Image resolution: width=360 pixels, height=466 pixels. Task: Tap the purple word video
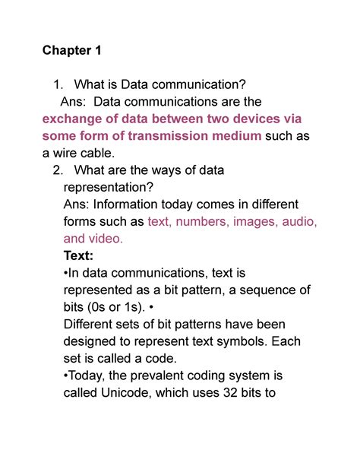[x=106, y=238]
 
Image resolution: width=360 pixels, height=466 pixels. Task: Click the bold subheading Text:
[x=82, y=255]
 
